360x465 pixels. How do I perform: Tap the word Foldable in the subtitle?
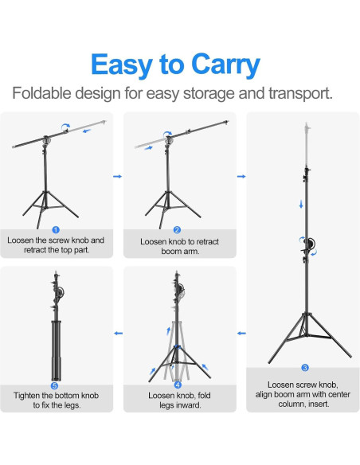click(45, 93)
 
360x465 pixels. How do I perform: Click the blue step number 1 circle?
click(55, 229)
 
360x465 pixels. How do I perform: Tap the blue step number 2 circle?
click(178, 229)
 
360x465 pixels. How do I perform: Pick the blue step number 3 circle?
click(303, 368)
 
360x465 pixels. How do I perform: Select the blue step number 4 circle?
click(178, 385)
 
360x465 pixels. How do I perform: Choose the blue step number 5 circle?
click(55, 385)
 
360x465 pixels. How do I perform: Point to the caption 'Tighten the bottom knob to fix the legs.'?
click(56, 400)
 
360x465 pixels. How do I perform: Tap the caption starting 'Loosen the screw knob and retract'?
click(56, 244)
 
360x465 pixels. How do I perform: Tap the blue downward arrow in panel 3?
click(301, 205)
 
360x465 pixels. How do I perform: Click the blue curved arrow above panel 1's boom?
click(66, 125)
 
